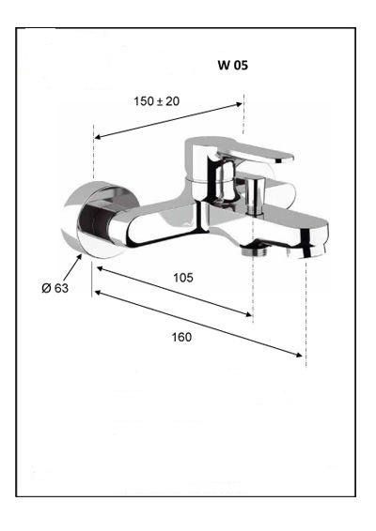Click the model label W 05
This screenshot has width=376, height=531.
pos(233,65)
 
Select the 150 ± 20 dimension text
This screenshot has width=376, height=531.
pos(156,101)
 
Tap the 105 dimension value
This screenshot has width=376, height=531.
pos(183,278)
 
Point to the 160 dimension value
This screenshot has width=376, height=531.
pos(181,337)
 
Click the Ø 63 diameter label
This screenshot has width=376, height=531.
pos(55,288)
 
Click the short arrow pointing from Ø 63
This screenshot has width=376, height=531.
pos(72,268)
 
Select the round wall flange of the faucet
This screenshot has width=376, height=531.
pos(99,220)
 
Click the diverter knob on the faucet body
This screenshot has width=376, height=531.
pos(255,196)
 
